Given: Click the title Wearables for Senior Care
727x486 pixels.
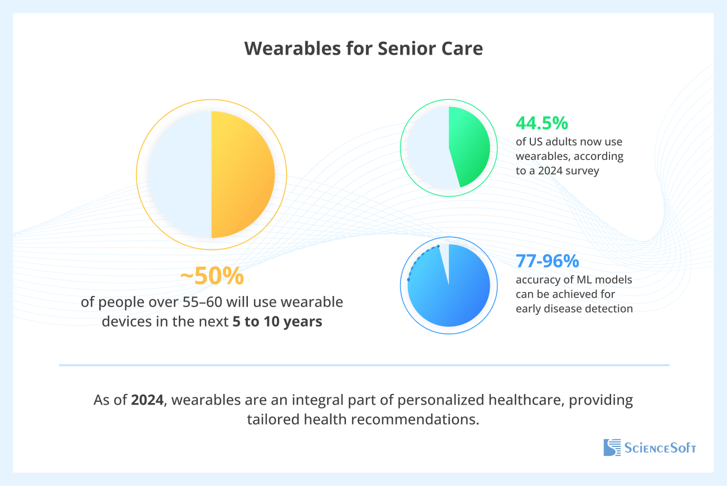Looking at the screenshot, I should pyautogui.click(x=363, y=48).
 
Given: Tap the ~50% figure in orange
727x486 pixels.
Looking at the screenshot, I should pyautogui.click(x=212, y=276).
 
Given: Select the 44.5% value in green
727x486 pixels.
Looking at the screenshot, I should pyautogui.click(x=542, y=123).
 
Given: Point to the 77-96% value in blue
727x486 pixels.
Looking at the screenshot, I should pyautogui.click(x=547, y=260).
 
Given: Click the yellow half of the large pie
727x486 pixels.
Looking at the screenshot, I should pyautogui.click(x=242, y=174).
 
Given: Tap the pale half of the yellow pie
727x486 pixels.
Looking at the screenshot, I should pyautogui.click(x=179, y=174).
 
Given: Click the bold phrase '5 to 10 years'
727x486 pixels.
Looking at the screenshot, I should pyautogui.click(x=277, y=322).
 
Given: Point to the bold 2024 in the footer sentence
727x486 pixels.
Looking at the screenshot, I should pyautogui.click(x=148, y=400).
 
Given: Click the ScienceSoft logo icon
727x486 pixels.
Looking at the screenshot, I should pyautogui.click(x=612, y=448).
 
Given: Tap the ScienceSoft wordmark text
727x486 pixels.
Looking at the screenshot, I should pyautogui.click(x=660, y=448).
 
